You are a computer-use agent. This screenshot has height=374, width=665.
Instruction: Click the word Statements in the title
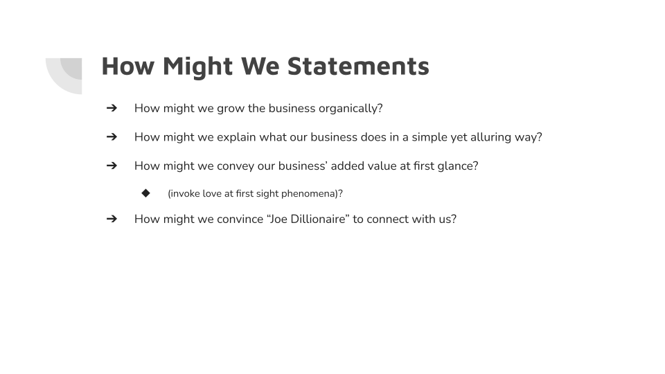tap(357, 66)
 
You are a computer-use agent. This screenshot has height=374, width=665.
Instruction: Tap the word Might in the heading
tap(197, 66)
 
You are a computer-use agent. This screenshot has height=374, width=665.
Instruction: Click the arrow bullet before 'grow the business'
tap(112, 108)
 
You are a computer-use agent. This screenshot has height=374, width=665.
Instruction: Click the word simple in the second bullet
tap(429, 137)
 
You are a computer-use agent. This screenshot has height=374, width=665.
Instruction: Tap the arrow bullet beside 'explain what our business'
tap(112, 137)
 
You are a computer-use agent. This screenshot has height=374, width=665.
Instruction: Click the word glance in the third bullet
tap(454, 166)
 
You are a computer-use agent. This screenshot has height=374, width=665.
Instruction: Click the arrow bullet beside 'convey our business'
tap(112, 166)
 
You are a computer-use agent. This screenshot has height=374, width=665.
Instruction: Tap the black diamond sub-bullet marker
tap(145, 193)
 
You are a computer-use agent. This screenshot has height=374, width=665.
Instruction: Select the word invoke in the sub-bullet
tap(184, 194)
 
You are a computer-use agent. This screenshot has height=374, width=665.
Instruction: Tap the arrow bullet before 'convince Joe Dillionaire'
tap(112, 219)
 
